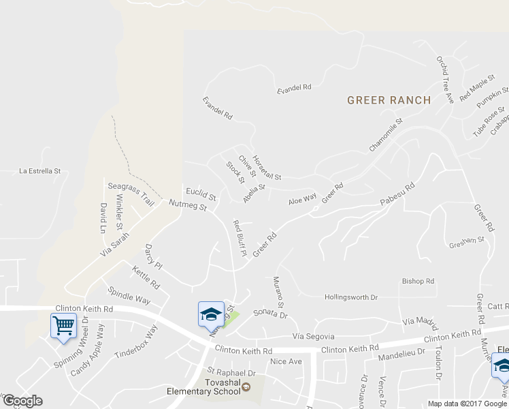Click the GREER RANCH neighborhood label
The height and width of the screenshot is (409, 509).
point(389,100)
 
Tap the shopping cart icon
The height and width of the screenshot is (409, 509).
point(63,324)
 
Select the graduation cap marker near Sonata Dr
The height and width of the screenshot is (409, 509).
point(211,314)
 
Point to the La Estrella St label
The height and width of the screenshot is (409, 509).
point(40,171)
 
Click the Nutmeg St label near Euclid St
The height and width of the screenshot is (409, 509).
point(187,205)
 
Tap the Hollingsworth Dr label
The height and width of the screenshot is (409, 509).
point(351,297)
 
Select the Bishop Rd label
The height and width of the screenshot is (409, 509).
point(418,281)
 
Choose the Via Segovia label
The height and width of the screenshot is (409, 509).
point(314,337)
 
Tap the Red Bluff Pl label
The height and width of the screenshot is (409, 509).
point(239,238)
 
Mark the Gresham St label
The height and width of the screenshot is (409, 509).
point(466,241)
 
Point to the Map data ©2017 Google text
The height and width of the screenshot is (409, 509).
point(468,404)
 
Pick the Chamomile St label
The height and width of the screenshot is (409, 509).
point(386,135)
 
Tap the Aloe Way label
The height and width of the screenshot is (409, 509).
point(303,200)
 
